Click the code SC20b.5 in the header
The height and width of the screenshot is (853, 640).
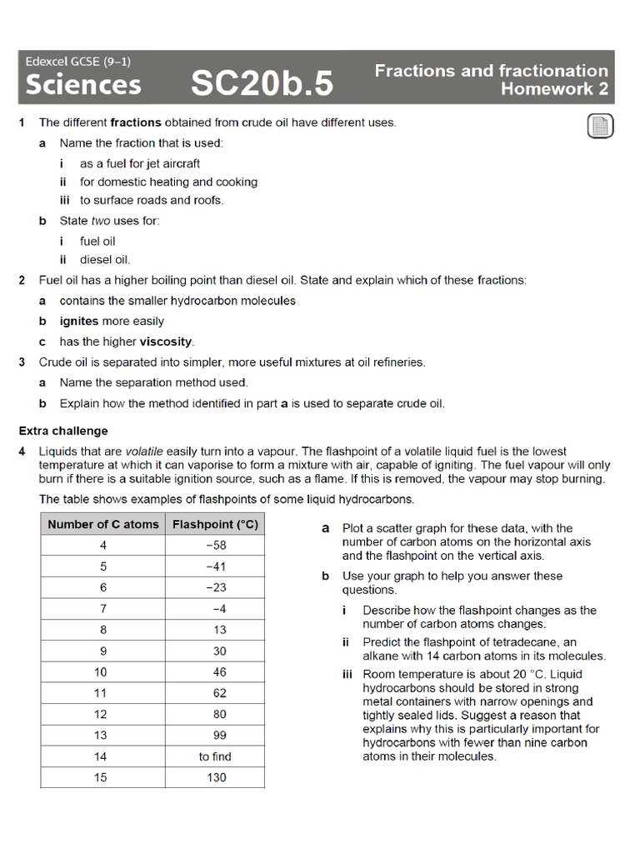262,83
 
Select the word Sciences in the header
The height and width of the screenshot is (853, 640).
83,84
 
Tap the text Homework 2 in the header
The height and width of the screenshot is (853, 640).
554,89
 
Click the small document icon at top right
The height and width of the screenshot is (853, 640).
599,127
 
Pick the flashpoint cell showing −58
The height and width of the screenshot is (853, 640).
215,546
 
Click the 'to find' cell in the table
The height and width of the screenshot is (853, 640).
215,756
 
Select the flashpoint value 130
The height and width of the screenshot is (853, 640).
215,777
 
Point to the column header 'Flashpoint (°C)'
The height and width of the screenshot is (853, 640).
215,524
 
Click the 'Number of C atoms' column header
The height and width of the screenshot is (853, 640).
102,524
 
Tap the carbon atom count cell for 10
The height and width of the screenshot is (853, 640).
101,671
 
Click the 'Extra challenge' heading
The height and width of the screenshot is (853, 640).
63,431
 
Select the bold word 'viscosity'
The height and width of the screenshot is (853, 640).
166,342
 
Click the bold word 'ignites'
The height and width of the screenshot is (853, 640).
79,321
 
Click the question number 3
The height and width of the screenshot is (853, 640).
22,362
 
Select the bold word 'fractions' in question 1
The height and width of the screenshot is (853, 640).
136,122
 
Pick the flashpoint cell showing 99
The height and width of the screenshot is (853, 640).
215,735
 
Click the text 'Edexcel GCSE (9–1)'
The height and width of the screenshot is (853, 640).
77,62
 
